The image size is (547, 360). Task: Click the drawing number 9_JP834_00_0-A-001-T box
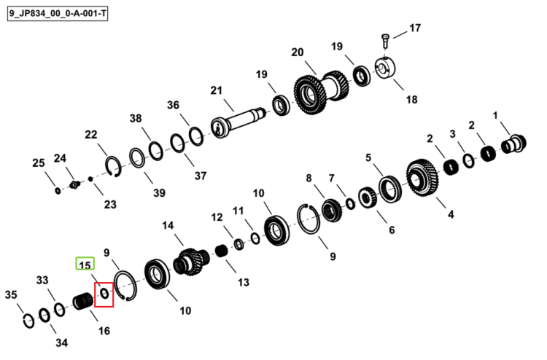58,15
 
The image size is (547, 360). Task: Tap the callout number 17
415,28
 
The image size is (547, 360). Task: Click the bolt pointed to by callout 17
385,42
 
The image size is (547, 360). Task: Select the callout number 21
217,90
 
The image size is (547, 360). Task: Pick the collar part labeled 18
385,68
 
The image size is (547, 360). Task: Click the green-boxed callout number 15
85,264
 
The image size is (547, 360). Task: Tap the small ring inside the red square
104,294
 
